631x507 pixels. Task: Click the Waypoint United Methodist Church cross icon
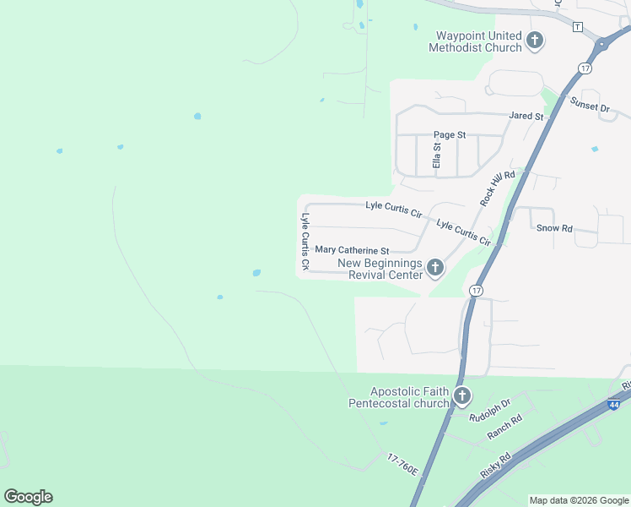pyautogui.click(x=534, y=40)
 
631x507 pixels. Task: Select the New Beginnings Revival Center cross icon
pyautogui.click(x=435, y=269)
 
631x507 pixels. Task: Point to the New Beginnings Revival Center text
pyautogui.click(x=380, y=269)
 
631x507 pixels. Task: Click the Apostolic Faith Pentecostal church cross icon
pyautogui.click(x=461, y=396)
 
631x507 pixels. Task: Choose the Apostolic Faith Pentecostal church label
pyautogui.click(x=399, y=397)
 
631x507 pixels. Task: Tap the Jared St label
pyautogui.click(x=526, y=116)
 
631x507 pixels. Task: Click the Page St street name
pyautogui.click(x=450, y=134)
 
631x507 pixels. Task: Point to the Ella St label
pyautogui.click(x=437, y=155)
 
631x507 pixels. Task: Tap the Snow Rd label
pyautogui.click(x=554, y=228)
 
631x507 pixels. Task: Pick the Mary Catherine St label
pyautogui.click(x=352, y=250)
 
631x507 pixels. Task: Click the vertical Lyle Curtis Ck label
pyautogui.click(x=305, y=242)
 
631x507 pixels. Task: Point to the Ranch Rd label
pyautogui.click(x=504, y=427)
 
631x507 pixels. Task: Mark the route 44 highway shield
pyautogui.click(x=613, y=406)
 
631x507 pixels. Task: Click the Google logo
pyautogui.click(x=28, y=497)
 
